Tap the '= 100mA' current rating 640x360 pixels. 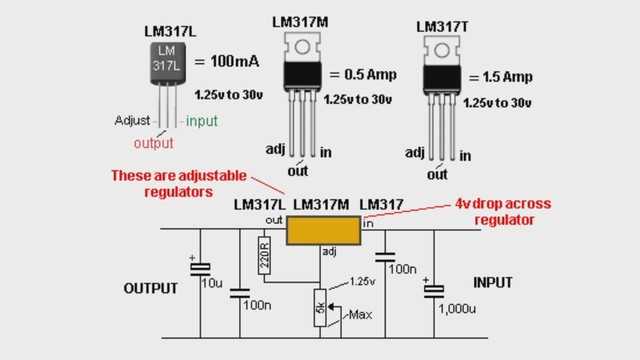click(228, 62)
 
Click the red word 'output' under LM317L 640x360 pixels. click(153, 143)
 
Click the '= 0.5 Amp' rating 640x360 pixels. click(362, 75)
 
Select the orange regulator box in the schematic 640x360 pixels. click(322, 229)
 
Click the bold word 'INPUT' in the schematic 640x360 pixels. click(497, 282)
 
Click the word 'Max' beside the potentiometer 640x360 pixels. click(360, 317)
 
